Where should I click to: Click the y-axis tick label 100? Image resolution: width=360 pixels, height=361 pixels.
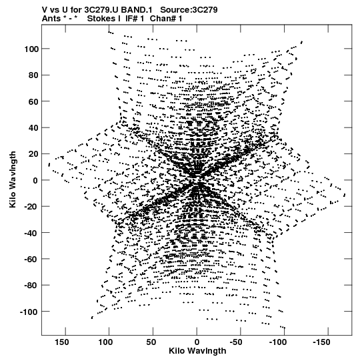pyautogui.click(x=31, y=49)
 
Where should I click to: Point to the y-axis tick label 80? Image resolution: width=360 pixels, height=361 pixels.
pyautogui.click(x=33, y=75)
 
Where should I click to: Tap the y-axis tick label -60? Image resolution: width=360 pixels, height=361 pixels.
pyautogui.click(x=31, y=259)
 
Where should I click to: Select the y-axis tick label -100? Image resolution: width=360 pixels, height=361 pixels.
pyautogui.click(x=29, y=312)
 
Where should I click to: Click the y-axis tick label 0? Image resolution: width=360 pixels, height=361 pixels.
pyautogui.click(x=35, y=180)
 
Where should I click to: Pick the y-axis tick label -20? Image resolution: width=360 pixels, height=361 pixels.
pyautogui.click(x=31, y=207)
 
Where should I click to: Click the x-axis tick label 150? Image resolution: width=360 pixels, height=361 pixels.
pyautogui.click(x=62, y=342)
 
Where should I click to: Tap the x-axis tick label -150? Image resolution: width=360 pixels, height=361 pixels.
pyautogui.click(x=321, y=342)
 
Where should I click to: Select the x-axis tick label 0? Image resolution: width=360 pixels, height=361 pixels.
pyautogui.click(x=197, y=342)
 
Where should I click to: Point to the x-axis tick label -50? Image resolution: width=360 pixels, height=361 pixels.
pyautogui.click(x=236, y=342)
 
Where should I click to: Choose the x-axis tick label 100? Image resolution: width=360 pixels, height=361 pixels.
pyautogui.click(x=105, y=342)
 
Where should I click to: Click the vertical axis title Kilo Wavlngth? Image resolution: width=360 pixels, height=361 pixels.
pyautogui.click(x=13, y=179)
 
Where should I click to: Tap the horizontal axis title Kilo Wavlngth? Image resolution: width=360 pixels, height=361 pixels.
pyautogui.click(x=197, y=351)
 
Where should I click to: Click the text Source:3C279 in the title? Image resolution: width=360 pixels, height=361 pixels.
pyautogui.click(x=189, y=10)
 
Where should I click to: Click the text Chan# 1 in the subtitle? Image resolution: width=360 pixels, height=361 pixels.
pyautogui.click(x=166, y=19)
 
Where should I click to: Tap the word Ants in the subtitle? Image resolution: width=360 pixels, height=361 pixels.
pyautogui.click(x=51, y=19)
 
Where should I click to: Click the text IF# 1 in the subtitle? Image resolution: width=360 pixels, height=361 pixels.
pyautogui.click(x=135, y=19)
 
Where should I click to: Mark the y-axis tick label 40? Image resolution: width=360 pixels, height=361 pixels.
pyautogui.click(x=33, y=127)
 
